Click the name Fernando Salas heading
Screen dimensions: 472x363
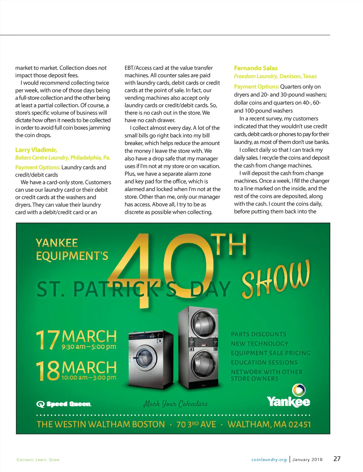click(x=256, y=68)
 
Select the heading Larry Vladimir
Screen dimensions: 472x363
click(x=36, y=150)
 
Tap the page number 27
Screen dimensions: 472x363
click(x=337, y=459)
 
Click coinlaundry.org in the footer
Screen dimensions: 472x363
click(x=269, y=460)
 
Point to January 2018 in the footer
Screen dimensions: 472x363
click(x=307, y=460)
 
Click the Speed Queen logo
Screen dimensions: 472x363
click(x=64, y=404)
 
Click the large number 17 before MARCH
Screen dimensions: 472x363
click(x=47, y=340)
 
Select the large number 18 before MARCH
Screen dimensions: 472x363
click(x=48, y=371)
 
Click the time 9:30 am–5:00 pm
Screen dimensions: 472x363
click(x=89, y=347)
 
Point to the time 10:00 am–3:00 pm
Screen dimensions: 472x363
click(x=89, y=377)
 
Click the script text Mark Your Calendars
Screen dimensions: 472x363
click(x=175, y=404)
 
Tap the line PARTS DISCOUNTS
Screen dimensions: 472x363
click(x=258, y=334)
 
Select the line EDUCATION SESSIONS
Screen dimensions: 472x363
click(x=264, y=362)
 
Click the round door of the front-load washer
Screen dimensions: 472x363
click(x=145, y=358)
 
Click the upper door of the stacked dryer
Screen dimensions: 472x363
click(x=201, y=324)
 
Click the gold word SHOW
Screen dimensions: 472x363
click(x=276, y=279)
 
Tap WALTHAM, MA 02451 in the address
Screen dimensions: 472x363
click(x=269, y=424)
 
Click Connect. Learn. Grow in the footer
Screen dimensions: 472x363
click(x=38, y=460)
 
